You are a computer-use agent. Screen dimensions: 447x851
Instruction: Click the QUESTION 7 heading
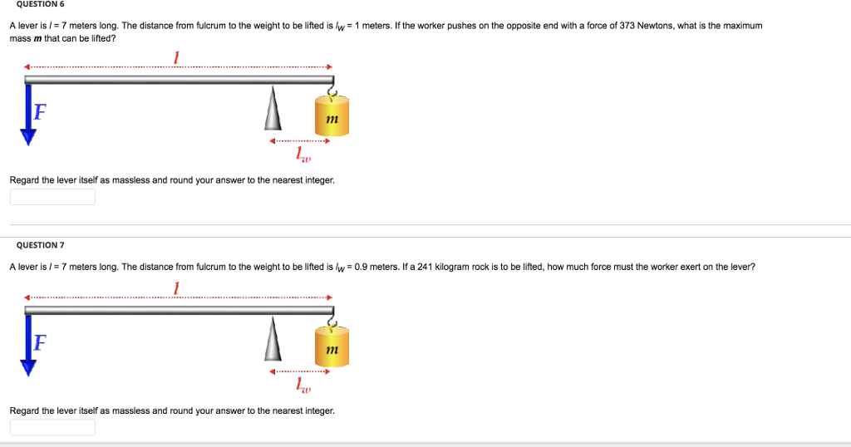point(40,245)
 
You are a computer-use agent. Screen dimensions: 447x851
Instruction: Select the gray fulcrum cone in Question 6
point(272,110)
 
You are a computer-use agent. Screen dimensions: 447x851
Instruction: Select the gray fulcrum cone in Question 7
point(272,341)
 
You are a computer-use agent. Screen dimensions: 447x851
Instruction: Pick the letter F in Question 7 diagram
point(39,342)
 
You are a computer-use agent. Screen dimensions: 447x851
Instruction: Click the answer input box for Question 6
point(52,197)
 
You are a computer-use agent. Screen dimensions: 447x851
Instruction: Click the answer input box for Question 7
point(52,427)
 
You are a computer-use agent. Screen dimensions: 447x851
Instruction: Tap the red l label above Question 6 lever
point(176,57)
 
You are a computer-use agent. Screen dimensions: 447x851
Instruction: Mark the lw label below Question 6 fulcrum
point(303,155)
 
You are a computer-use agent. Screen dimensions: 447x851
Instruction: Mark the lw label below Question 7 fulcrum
point(303,386)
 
